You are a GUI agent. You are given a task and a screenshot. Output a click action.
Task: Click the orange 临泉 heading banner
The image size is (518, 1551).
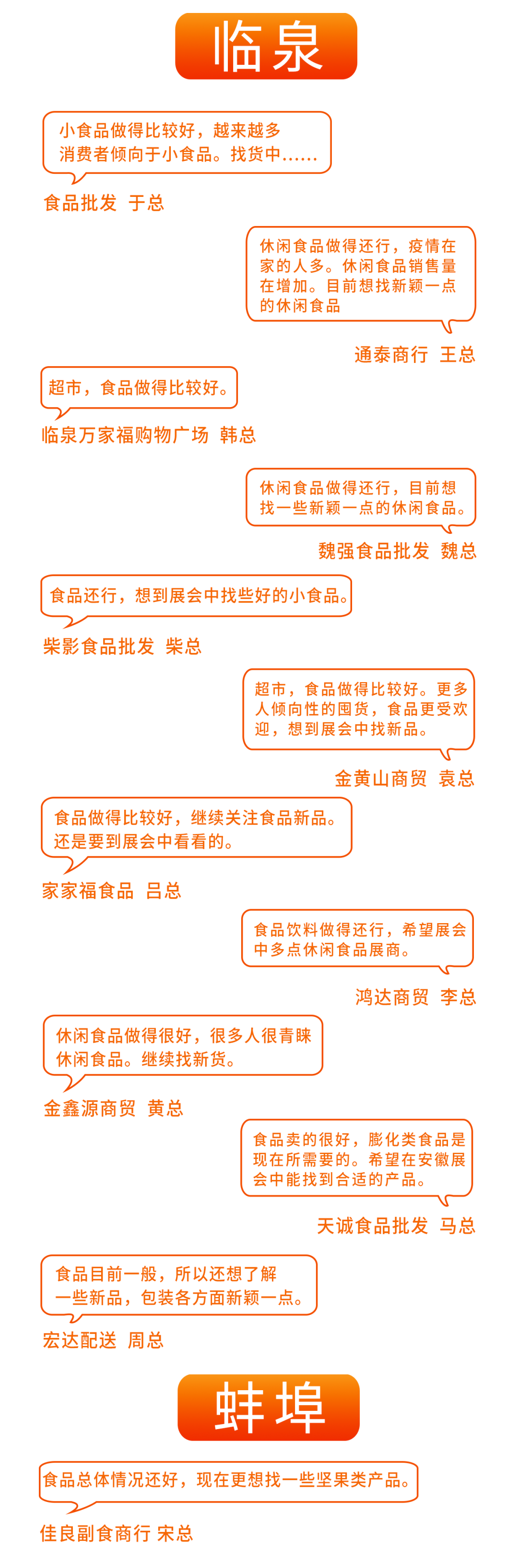click(x=266, y=47)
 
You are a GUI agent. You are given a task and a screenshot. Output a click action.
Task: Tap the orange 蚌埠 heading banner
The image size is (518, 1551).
click(x=268, y=1407)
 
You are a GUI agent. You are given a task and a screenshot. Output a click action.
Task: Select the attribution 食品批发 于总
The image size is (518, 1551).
click(x=104, y=203)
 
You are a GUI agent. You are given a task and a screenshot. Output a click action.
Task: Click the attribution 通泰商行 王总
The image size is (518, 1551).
click(x=414, y=355)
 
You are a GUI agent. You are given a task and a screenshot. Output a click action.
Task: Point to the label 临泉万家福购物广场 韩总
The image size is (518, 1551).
click(x=149, y=435)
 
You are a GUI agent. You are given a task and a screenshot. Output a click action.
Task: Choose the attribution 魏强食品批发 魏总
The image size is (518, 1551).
click(x=397, y=551)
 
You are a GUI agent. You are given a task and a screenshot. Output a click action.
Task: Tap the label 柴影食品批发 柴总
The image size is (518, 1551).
click(x=122, y=647)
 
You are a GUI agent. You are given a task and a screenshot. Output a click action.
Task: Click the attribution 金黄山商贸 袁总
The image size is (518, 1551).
click(x=404, y=779)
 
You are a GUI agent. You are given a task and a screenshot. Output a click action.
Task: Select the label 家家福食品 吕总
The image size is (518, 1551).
click(x=111, y=890)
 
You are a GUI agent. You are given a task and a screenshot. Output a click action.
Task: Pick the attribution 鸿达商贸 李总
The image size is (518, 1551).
click(x=415, y=997)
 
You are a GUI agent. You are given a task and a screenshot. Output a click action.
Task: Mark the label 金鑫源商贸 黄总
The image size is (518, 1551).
click(x=113, y=1108)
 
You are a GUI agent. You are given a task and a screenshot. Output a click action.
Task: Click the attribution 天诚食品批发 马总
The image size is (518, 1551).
click(x=396, y=1226)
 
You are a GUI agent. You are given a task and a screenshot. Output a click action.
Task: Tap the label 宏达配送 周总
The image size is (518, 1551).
click(x=103, y=1340)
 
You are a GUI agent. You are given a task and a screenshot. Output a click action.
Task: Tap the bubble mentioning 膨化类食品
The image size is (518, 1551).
click(x=357, y=1158)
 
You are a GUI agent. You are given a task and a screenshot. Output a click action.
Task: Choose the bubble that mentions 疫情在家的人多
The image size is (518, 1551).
click(x=360, y=275)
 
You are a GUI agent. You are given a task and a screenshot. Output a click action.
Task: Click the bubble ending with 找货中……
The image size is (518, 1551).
click(x=187, y=143)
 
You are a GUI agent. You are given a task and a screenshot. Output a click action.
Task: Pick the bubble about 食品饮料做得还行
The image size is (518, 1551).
click(x=357, y=938)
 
